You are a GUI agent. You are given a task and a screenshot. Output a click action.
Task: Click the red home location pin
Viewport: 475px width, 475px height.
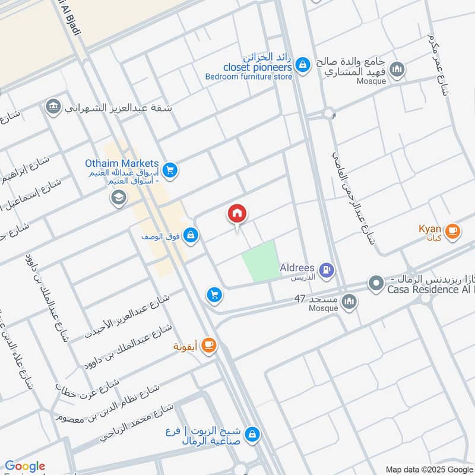pyautogui.click(x=237, y=214)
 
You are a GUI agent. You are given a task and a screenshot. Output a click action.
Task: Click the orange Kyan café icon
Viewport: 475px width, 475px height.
pyautogui.click(x=452, y=230)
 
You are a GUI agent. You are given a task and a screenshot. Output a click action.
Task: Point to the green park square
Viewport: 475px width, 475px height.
pyautogui.click(x=260, y=261)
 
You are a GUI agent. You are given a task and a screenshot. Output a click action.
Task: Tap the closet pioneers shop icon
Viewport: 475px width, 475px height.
pyautogui.click(x=303, y=64)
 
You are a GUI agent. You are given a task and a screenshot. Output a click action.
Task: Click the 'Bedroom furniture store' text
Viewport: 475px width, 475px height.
pyautogui.click(x=249, y=77)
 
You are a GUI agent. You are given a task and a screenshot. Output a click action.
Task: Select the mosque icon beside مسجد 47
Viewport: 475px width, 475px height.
pyautogui.click(x=350, y=302)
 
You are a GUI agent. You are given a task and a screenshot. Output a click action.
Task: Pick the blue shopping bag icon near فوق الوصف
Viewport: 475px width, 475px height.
pyautogui.click(x=190, y=236)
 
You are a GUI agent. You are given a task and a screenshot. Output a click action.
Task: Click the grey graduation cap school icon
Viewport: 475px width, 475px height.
pyautogui.click(x=119, y=198)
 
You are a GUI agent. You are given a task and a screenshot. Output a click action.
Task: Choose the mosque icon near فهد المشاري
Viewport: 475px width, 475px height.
pyautogui.click(x=398, y=69)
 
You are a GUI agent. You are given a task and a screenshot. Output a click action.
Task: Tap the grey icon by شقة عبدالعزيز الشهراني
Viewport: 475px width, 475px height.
pyautogui.click(x=53, y=107)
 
